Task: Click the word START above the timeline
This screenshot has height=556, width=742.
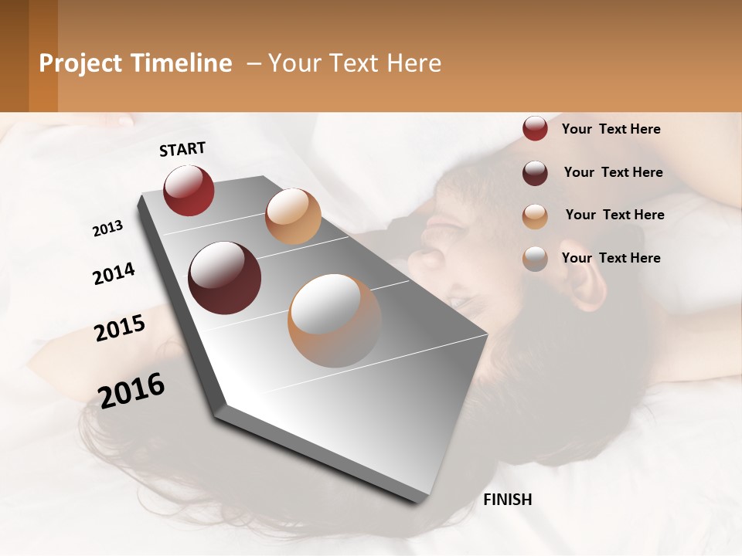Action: [x=182, y=149]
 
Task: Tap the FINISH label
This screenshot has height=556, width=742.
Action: [x=507, y=500]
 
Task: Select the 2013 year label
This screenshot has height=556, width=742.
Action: [x=107, y=229]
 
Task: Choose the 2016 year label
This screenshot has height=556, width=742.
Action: [x=131, y=390]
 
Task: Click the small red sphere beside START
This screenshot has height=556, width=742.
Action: [x=189, y=190]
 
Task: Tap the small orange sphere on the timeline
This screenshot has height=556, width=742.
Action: [x=293, y=216]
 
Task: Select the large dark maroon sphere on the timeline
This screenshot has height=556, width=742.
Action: [x=224, y=278]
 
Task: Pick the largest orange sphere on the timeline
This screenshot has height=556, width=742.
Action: [x=335, y=320]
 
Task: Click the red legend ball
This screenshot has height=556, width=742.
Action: [x=535, y=129]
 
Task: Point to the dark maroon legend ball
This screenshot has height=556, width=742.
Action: [x=535, y=173]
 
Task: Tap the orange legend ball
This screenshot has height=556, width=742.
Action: [x=535, y=216]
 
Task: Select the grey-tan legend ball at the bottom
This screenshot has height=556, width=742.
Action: [x=535, y=259]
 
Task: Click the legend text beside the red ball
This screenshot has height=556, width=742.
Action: [x=611, y=129]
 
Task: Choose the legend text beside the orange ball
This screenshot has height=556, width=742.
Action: [x=614, y=215]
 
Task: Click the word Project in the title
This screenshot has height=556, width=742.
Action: [x=80, y=63]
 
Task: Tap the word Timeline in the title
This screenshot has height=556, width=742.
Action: [x=180, y=63]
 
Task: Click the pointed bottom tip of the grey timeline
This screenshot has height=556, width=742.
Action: [x=417, y=502]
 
